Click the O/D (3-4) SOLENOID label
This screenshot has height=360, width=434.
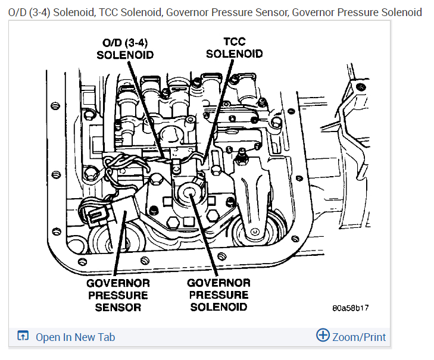tap(125, 48)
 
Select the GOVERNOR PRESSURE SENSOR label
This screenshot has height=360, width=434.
tap(118, 295)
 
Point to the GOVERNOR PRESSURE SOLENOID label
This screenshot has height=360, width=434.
tap(218, 295)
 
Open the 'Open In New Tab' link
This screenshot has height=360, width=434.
tap(75, 337)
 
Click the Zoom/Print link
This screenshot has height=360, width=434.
tap(358, 337)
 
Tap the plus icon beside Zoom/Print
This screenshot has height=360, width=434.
tap(323, 336)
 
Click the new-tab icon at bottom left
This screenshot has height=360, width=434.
tap(23, 337)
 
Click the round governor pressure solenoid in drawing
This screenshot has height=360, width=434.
tap(191, 195)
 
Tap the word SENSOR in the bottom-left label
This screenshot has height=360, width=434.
tap(118, 307)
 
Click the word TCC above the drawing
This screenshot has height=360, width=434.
tap(234, 42)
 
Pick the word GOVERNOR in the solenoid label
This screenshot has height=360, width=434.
tap(218, 282)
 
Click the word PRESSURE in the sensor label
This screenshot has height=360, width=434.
tap(118, 295)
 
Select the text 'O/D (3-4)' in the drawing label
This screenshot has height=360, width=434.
tap(125, 42)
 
